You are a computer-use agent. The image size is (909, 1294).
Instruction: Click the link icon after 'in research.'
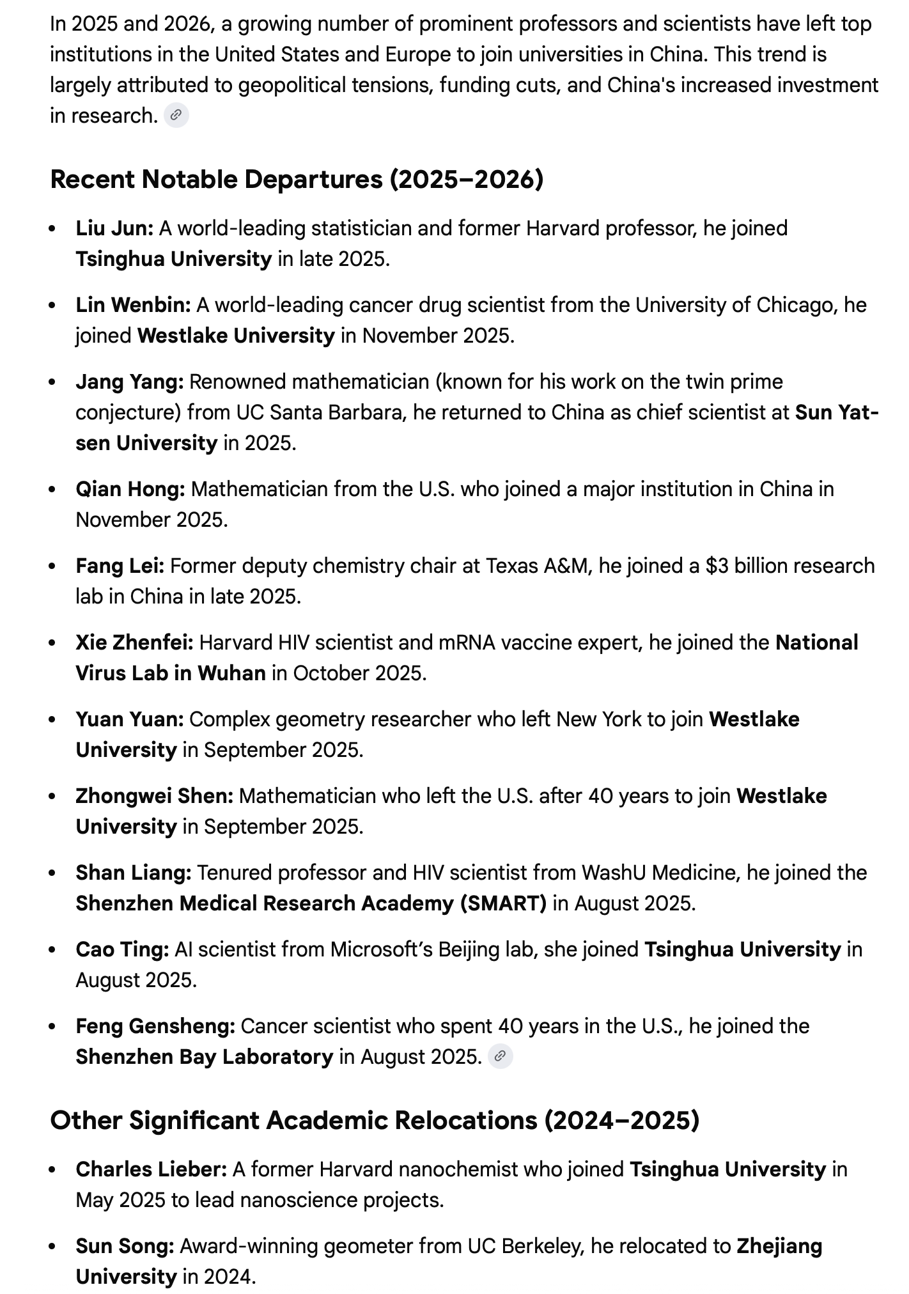176,116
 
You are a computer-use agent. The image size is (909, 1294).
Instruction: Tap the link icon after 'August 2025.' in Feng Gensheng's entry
501,1057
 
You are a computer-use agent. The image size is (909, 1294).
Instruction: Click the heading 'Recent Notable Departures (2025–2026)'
297,180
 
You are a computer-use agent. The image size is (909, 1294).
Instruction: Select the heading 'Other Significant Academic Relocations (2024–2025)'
375,1120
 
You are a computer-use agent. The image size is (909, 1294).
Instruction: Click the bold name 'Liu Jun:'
114,228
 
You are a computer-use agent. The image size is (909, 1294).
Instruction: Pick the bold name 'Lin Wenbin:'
133,305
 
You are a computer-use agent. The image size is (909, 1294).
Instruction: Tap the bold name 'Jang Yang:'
130,382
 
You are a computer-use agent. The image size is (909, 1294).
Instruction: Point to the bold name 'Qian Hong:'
130,489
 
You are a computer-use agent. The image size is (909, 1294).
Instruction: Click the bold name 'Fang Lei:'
120,566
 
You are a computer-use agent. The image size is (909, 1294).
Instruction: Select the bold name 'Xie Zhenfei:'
134,643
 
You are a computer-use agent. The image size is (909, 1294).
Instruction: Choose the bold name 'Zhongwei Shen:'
154,796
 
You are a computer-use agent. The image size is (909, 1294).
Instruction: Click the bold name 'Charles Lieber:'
151,1169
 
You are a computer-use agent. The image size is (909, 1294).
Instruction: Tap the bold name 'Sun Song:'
125,1246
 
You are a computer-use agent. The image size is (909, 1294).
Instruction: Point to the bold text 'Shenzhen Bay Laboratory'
205,1057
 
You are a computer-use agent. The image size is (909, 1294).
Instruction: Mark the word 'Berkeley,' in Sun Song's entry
543,1246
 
